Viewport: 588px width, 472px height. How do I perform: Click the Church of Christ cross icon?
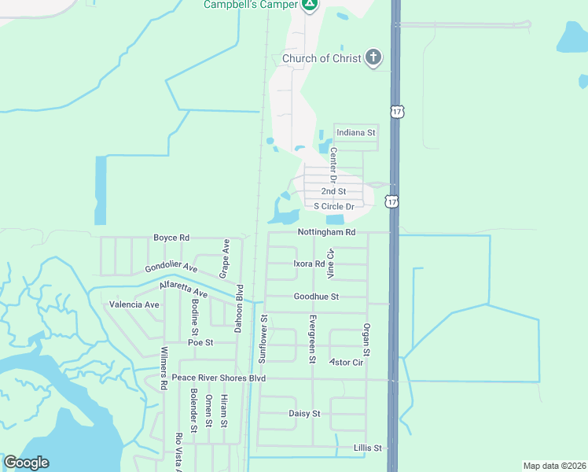click(x=373, y=58)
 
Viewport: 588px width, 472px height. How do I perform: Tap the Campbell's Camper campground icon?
click(x=311, y=5)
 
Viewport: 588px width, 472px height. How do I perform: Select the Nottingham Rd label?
click(x=327, y=233)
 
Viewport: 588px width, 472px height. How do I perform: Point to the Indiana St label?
click(x=356, y=133)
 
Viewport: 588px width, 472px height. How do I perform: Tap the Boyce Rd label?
click(x=171, y=238)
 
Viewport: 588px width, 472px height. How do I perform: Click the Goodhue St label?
click(x=316, y=297)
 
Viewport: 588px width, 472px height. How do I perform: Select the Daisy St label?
click(x=304, y=413)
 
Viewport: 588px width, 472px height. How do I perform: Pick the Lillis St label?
click(x=367, y=448)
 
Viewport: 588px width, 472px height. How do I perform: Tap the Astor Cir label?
click(x=346, y=363)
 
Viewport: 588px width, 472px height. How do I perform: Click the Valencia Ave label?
click(x=134, y=304)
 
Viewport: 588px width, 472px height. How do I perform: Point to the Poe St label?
click(x=200, y=342)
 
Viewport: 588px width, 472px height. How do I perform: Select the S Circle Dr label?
click(x=334, y=206)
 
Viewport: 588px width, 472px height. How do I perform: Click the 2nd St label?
click(x=333, y=191)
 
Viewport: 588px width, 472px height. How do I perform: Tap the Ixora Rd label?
click(x=309, y=264)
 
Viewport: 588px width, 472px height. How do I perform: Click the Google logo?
click(x=26, y=463)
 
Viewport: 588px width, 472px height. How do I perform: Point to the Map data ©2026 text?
click(x=554, y=466)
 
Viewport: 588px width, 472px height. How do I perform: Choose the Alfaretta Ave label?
click(x=183, y=288)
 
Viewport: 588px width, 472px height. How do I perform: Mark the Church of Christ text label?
click(x=322, y=58)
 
